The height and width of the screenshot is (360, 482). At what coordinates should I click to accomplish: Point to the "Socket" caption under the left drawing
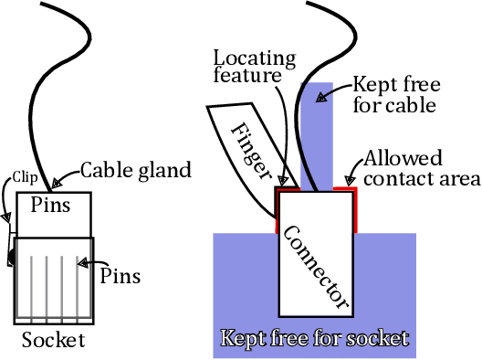pyautogui.click(x=53, y=341)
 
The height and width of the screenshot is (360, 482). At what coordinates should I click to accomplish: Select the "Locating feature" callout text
pyautogui.click(x=256, y=68)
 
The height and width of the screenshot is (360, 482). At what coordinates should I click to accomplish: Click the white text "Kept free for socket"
pyautogui.click(x=315, y=340)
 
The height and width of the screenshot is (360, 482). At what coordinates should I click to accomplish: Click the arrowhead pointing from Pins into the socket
pyautogui.click(x=81, y=264)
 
